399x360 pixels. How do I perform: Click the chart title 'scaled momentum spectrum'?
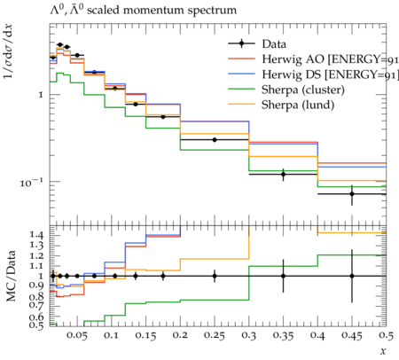pyautogui.click(x=161, y=10)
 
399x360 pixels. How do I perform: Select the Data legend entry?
pyautogui.click(x=257, y=44)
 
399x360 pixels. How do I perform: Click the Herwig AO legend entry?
pyautogui.click(x=313, y=59)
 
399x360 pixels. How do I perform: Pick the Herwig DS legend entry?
pyautogui.click(x=313, y=74)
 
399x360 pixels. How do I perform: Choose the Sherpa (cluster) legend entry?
pyautogui.click(x=286, y=90)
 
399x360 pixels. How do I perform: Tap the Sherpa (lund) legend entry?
pyautogui.click(x=281, y=105)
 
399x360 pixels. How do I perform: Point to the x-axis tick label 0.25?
pyautogui.click(x=215, y=335)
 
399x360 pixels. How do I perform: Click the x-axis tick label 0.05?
pyautogui.click(x=77, y=335)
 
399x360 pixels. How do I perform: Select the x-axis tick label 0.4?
pyautogui.click(x=317, y=335)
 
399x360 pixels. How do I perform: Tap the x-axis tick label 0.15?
pyautogui.click(x=145, y=335)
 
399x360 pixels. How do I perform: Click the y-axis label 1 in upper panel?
pyautogui.click(x=41, y=95)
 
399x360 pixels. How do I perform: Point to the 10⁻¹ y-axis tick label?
pyautogui.click(x=31, y=183)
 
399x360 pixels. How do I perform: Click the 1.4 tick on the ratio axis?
pyautogui.click(x=36, y=235)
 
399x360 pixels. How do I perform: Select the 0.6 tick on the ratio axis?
pyautogui.click(x=36, y=317)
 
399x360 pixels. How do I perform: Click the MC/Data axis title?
pyautogui.click(x=11, y=276)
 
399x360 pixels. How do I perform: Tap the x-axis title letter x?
pyautogui.click(x=383, y=351)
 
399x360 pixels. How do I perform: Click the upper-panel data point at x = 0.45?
pyautogui.click(x=352, y=194)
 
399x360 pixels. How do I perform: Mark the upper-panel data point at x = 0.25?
pyautogui.click(x=215, y=140)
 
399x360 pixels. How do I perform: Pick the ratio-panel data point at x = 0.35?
pyautogui.click(x=283, y=276)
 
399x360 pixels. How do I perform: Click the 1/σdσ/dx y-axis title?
pyautogui.click(x=8, y=51)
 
